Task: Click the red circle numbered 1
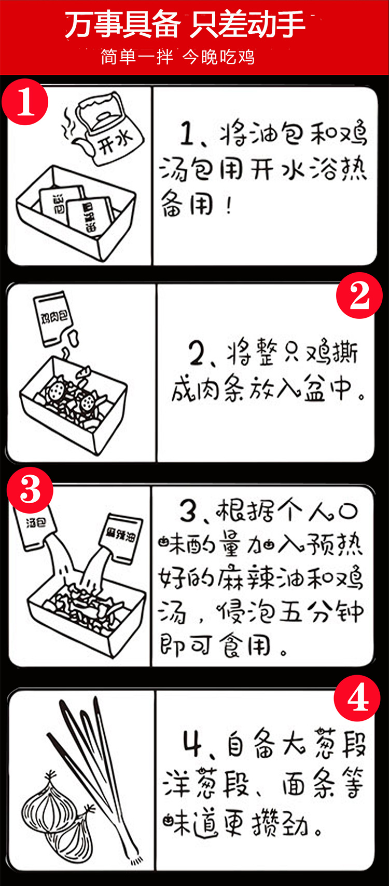(25, 102)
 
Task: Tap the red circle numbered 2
(359, 295)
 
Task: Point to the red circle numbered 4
(357, 699)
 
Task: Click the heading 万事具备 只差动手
(185, 25)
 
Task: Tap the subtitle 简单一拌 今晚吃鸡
(178, 57)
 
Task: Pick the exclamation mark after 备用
(229, 206)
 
